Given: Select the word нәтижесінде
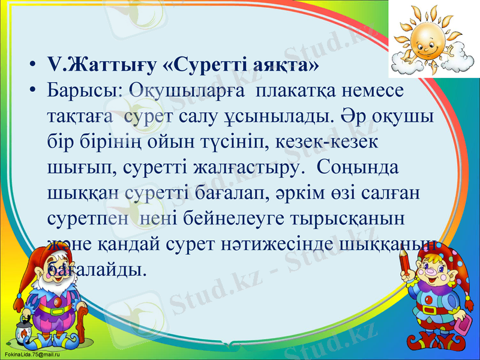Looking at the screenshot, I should [x=289, y=243].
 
